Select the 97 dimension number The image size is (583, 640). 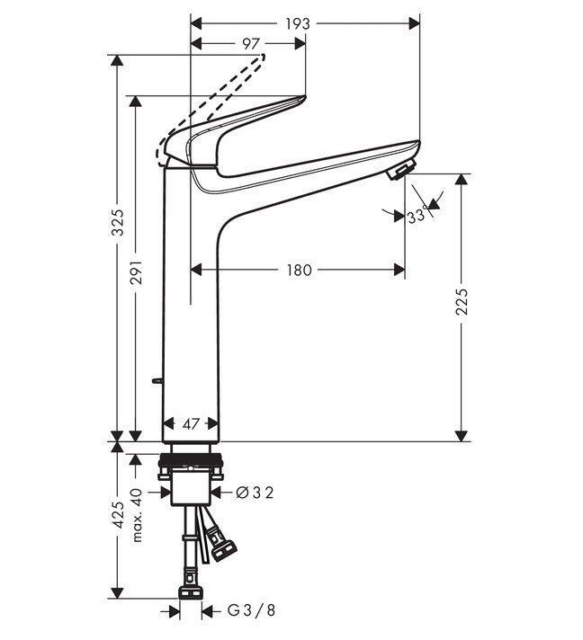pyautogui.click(x=252, y=44)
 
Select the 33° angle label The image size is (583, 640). pyautogui.click(x=416, y=217)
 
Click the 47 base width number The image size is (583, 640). pyautogui.click(x=190, y=422)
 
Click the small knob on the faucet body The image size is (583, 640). pyautogui.click(x=157, y=382)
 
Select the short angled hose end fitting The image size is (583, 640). pyautogui.click(x=221, y=545)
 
